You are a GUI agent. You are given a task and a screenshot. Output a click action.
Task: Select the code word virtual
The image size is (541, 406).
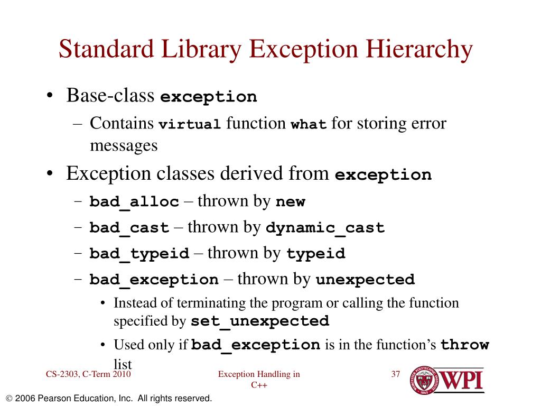pos(190,125)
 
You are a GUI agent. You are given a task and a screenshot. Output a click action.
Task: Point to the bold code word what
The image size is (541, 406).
pos(309,125)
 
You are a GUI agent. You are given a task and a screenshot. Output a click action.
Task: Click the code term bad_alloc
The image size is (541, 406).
pos(134,202)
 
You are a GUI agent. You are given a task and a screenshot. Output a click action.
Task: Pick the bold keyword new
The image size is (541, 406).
pos(291,202)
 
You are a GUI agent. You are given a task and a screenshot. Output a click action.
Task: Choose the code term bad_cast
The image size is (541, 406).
pos(129,228)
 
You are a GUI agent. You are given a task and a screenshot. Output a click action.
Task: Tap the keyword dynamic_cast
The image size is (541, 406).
pos(325,228)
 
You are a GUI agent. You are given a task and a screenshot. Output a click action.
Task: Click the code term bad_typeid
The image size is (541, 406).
pos(139,254)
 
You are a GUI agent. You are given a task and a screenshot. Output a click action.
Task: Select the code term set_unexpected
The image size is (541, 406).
pos(260,321)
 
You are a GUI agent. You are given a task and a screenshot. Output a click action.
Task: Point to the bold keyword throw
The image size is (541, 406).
pos(465,346)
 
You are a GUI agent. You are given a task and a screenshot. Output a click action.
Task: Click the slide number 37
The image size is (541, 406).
pos(396,375)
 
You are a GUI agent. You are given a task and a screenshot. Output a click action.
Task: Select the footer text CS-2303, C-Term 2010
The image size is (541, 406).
pos(88,375)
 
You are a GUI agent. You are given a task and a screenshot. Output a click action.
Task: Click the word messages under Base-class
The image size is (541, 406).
pos(124,145)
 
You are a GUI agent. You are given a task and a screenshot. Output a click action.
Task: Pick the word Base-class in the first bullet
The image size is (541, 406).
pos(110,96)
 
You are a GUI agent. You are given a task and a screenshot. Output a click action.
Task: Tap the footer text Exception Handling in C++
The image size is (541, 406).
pos(259,380)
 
